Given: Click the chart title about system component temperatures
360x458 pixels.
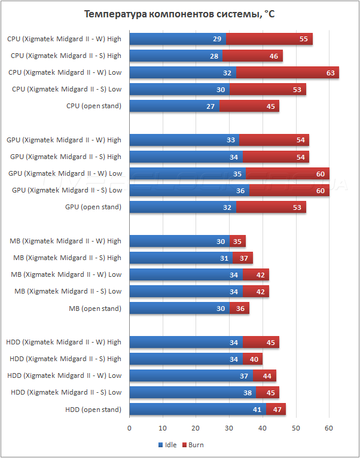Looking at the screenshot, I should [x=179, y=14].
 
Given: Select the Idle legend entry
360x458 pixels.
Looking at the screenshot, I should [x=169, y=445].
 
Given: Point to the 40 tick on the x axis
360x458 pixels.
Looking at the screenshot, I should [x=262, y=428].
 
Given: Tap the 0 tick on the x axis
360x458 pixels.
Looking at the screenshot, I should [x=130, y=428].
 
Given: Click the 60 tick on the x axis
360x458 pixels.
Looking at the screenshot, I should [x=328, y=428].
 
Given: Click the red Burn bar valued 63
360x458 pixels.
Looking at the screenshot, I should [x=287, y=72].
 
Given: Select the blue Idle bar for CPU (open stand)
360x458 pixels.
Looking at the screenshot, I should [x=173, y=106].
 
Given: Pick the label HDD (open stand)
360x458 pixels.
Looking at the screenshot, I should [x=93, y=410].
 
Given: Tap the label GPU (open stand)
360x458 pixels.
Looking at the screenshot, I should [x=93, y=207].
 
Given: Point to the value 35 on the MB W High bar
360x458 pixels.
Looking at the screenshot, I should [x=237, y=241].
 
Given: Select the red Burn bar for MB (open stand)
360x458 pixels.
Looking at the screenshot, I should [x=239, y=309].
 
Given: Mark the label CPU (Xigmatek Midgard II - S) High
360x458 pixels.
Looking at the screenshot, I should [x=66, y=56].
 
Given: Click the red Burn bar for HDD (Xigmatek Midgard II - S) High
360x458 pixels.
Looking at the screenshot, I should [x=252, y=359].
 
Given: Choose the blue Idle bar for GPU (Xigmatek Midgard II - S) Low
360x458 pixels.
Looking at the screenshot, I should [x=188, y=190].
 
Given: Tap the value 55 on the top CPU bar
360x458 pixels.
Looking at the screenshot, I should [x=303, y=39].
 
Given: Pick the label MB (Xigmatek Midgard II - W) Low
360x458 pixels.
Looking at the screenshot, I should [x=66, y=274].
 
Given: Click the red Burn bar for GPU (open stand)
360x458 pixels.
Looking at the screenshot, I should [x=271, y=207].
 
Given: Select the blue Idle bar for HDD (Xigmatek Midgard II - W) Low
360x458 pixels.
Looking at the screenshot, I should [x=190, y=375].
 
